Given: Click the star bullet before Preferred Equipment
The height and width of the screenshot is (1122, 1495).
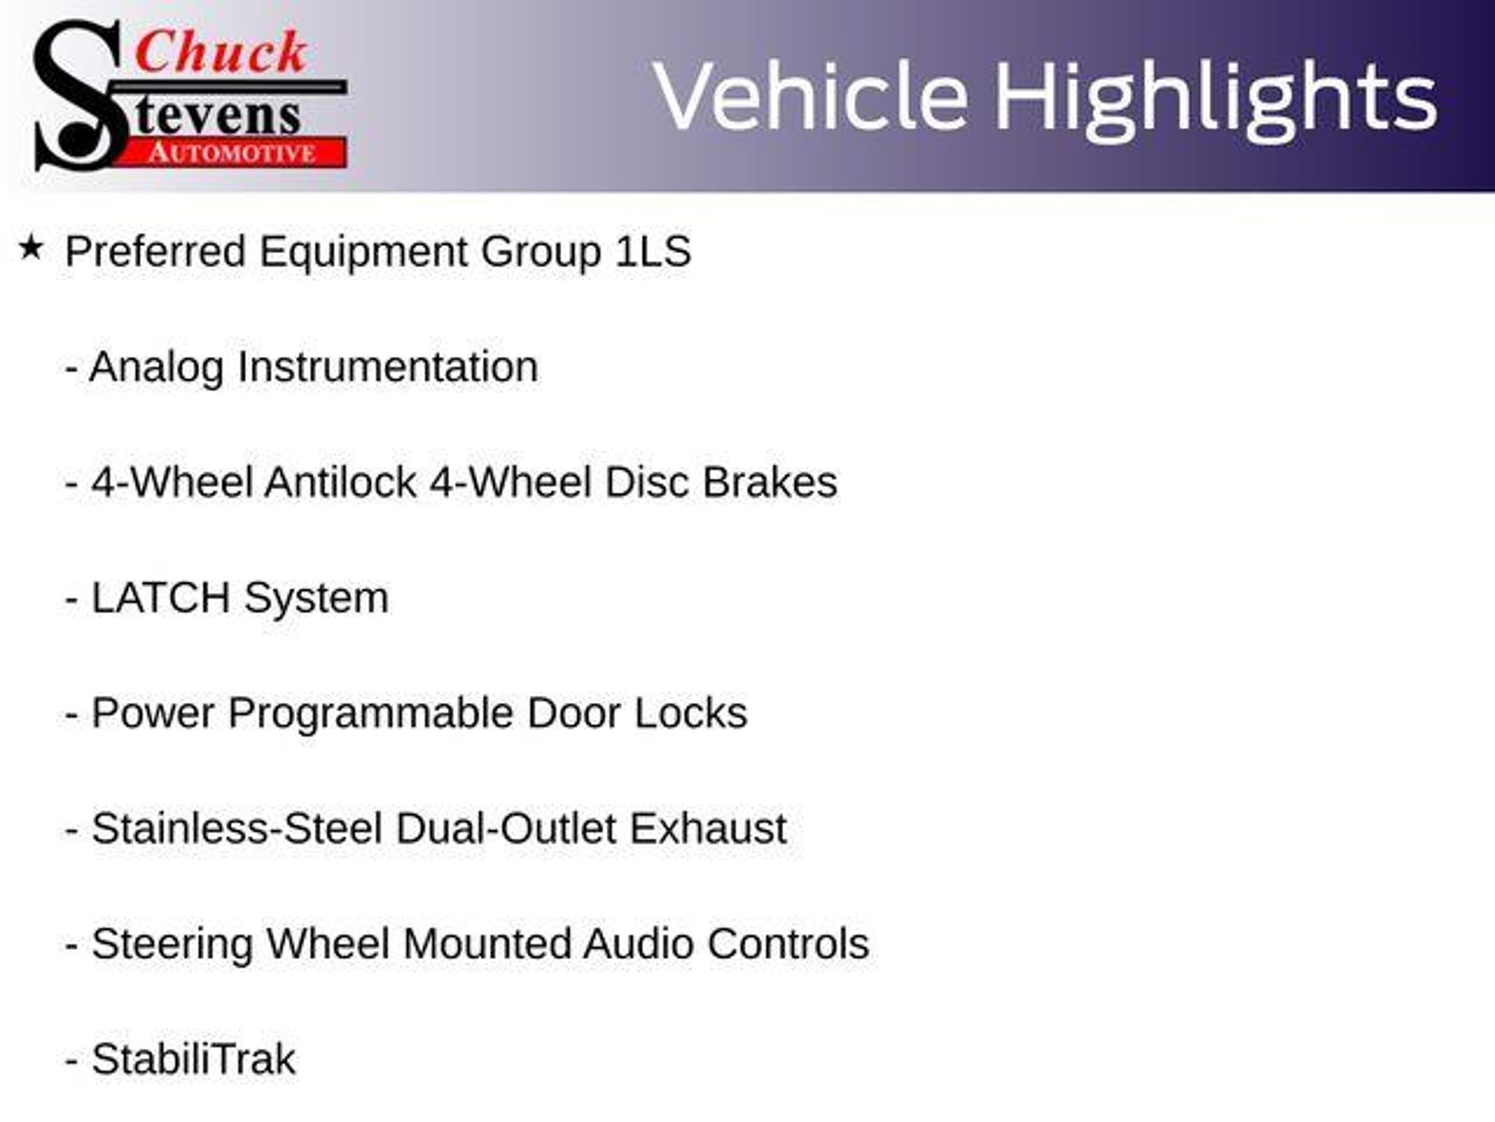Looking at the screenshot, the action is [31, 248].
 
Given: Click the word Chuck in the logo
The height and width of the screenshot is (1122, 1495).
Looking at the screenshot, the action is [221, 52].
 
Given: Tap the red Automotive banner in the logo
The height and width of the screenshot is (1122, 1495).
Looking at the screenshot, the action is [232, 153].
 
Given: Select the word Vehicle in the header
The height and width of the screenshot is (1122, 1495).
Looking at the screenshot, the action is [811, 96].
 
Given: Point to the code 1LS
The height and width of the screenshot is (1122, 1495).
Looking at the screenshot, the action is [653, 251].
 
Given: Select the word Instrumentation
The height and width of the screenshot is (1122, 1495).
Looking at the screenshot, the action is [388, 367].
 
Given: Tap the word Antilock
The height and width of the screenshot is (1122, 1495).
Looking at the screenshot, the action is [340, 482].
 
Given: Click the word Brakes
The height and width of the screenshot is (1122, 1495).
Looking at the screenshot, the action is [769, 482].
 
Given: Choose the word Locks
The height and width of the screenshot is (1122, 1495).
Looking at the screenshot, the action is [691, 713].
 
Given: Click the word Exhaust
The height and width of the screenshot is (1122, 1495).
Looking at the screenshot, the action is [708, 828].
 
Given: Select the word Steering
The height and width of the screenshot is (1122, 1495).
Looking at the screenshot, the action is [172, 944].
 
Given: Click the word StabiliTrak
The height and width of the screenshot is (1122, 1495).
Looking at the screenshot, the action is [193, 1059].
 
